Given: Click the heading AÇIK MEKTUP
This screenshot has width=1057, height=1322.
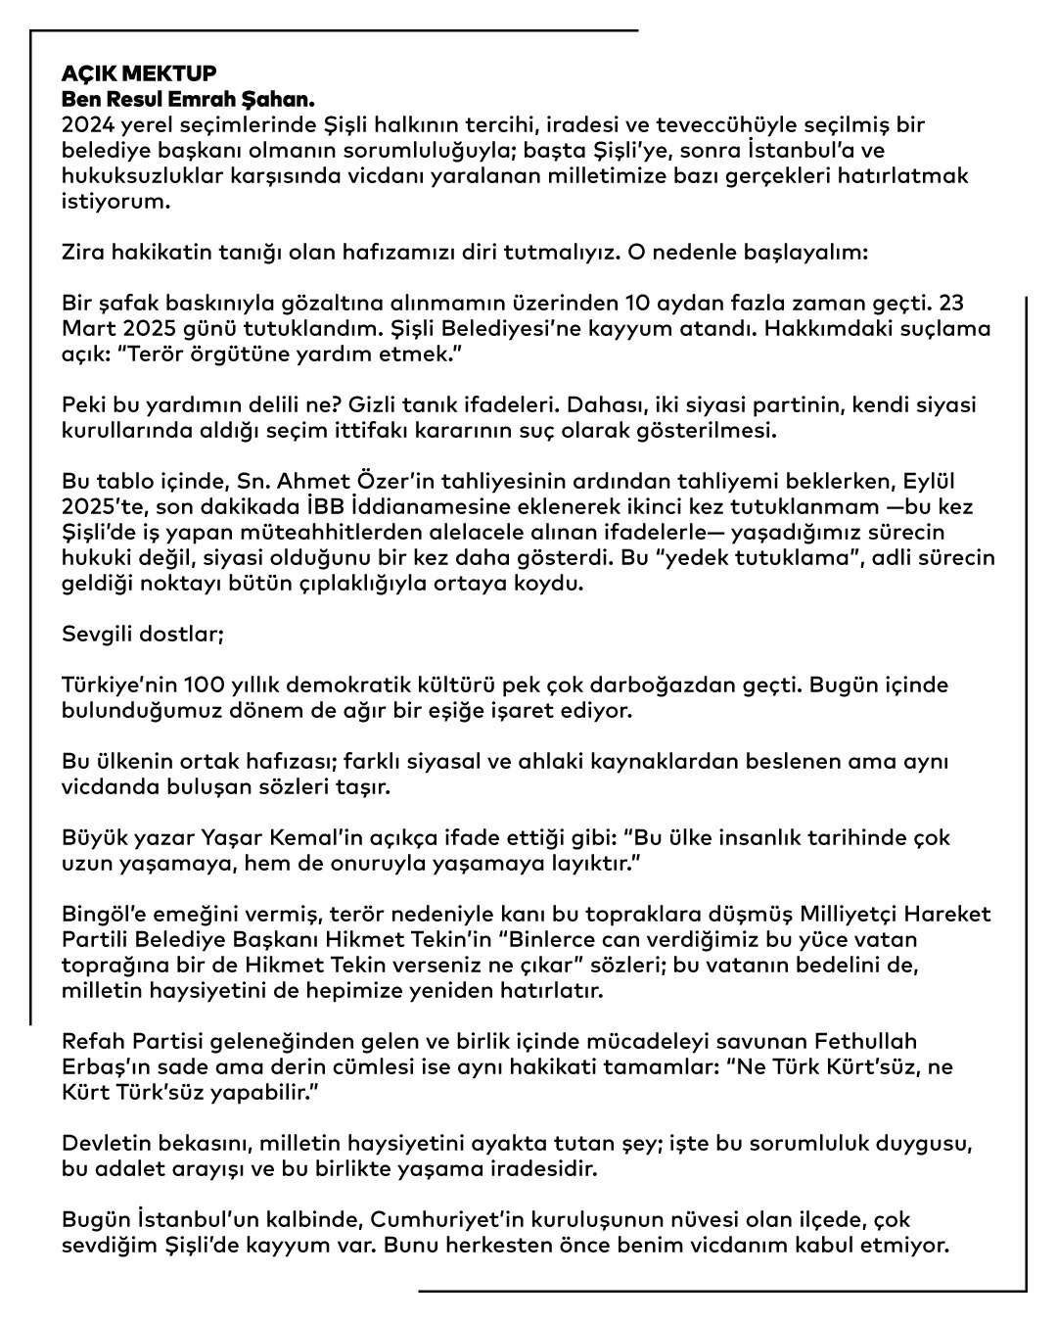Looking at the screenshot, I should [139, 74].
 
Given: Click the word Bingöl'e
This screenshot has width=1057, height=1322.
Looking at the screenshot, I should [102, 915].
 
